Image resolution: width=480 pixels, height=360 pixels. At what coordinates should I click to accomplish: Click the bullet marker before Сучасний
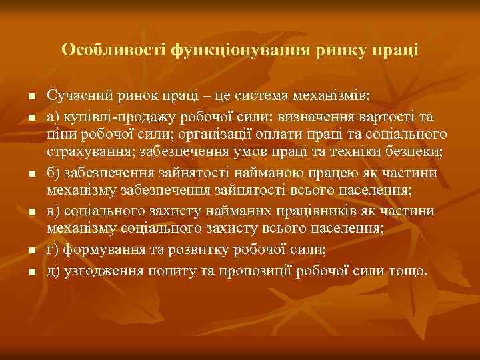pos(31,97)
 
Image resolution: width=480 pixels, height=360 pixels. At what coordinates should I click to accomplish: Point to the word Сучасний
pos(75,96)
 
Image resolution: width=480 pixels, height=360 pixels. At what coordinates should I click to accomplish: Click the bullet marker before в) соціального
pos(31,212)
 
